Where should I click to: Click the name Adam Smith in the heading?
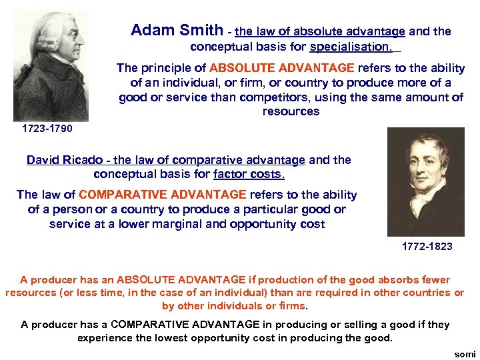(177, 31)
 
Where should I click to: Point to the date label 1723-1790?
(47, 128)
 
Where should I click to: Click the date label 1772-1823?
(427, 246)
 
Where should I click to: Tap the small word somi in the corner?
(465, 354)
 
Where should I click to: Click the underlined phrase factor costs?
(249, 175)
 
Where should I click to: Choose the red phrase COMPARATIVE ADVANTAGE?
(162, 195)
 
